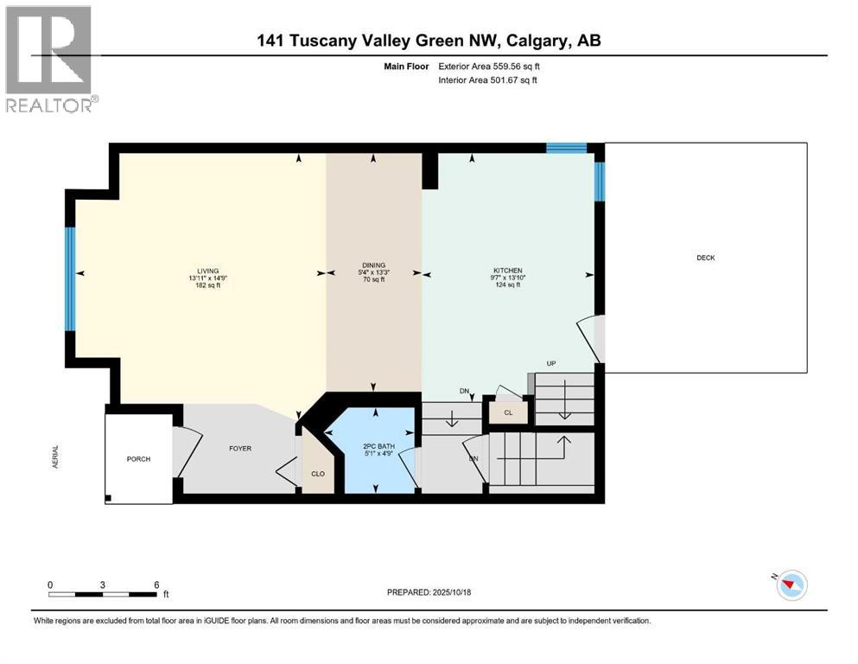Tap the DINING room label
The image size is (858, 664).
click(x=373, y=265)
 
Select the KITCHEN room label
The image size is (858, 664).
click(x=508, y=270)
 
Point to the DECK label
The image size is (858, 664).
click(x=706, y=258)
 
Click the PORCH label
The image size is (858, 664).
click(x=138, y=459)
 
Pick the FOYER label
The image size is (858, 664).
click(x=239, y=448)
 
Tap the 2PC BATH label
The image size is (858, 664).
click(x=378, y=446)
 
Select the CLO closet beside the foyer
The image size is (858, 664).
click(x=317, y=474)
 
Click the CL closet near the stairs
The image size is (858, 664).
click(x=508, y=413)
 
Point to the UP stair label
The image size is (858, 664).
click(x=550, y=363)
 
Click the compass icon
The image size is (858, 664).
click(x=791, y=585)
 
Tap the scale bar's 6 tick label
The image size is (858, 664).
click(x=156, y=584)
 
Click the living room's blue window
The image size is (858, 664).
click(x=71, y=278)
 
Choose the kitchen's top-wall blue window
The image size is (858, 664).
click(x=566, y=148)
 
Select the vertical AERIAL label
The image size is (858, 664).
click(x=56, y=458)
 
